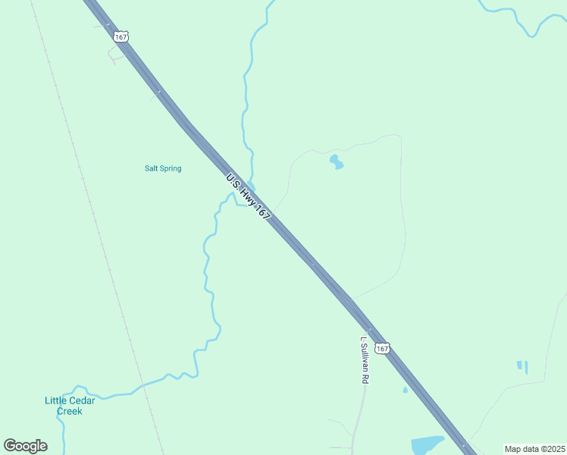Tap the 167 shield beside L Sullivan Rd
pyautogui.click(x=383, y=348)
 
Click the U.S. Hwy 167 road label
pyautogui.click(x=248, y=197)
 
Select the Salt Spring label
pyautogui.click(x=163, y=168)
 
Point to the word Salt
pyautogui.click(x=152, y=168)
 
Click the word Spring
pyautogui.click(x=171, y=168)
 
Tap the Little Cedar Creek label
pyautogui.click(x=69, y=406)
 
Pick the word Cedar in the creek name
pyautogui.click(x=81, y=400)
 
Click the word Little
pyautogui.click(x=55, y=400)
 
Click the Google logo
pyautogui.click(x=25, y=446)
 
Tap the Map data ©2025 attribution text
pyautogui.click(x=534, y=449)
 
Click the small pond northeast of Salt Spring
pyautogui.click(x=335, y=162)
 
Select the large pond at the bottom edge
pyautogui.click(x=427, y=444)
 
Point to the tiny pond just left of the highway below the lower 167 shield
pyautogui.click(x=405, y=391)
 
